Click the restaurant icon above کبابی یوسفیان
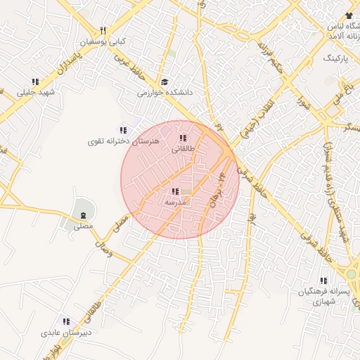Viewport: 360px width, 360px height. point(103,31)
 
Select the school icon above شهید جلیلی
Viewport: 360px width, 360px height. point(35,82)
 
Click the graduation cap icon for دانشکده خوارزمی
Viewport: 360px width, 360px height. point(165,82)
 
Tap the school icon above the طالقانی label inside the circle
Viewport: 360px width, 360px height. point(184,139)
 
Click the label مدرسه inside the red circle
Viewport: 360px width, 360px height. point(175,202)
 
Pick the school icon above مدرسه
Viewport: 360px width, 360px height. point(174,191)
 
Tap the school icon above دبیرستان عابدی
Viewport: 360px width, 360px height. point(66,321)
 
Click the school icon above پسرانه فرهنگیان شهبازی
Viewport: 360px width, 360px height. point(323,281)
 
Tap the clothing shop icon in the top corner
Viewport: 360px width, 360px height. point(349,15)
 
